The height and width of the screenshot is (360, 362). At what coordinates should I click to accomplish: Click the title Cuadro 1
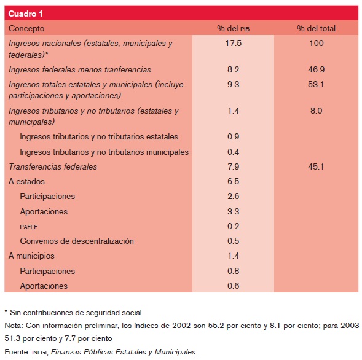pos(26,13)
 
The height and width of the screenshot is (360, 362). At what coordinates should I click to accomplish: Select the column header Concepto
pos(26,28)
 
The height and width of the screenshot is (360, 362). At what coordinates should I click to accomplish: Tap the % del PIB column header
pos(233,28)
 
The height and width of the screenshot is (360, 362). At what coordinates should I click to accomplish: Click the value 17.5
pos(234,44)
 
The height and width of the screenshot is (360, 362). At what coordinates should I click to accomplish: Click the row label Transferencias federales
pos(53,166)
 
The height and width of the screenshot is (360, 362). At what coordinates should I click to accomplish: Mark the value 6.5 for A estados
pos(234,182)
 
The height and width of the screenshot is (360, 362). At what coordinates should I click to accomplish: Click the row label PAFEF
pos(30,227)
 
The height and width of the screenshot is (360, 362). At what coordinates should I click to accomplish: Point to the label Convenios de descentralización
pos(77,241)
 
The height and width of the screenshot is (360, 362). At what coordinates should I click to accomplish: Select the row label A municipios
pos(31,256)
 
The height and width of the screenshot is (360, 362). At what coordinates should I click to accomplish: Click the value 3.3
pos(234,212)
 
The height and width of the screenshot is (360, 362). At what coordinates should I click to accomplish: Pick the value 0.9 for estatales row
pos(234,136)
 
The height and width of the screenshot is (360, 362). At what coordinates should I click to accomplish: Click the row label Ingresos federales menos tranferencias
pos(80,69)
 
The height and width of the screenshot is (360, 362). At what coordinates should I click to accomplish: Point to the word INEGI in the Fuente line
pos(39,352)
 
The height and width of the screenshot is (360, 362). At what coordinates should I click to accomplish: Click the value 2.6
pos(234,197)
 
